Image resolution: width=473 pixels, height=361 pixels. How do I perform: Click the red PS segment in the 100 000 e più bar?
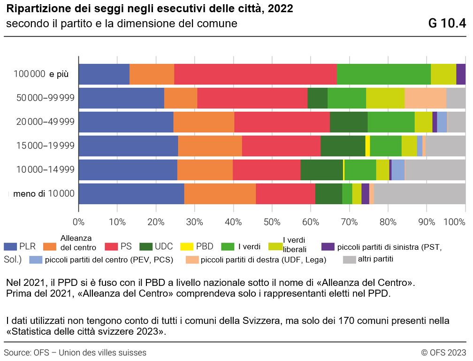point(255,74)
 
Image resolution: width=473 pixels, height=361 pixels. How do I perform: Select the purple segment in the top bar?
point(461,74)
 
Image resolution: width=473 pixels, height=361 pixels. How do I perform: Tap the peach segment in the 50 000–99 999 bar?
point(425,98)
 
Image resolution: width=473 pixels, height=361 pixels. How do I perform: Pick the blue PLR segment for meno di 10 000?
point(131,193)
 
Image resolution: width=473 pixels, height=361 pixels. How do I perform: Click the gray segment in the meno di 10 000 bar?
point(420,193)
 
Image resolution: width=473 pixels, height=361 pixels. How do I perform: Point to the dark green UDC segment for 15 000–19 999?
point(343,146)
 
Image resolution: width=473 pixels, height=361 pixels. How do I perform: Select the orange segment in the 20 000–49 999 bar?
point(204,122)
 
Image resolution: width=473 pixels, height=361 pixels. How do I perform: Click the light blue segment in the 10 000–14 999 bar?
point(398,169)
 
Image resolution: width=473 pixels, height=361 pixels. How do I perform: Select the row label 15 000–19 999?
point(45,146)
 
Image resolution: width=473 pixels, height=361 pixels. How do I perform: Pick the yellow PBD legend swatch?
point(181,246)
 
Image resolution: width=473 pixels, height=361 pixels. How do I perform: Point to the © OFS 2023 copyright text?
point(443,353)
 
